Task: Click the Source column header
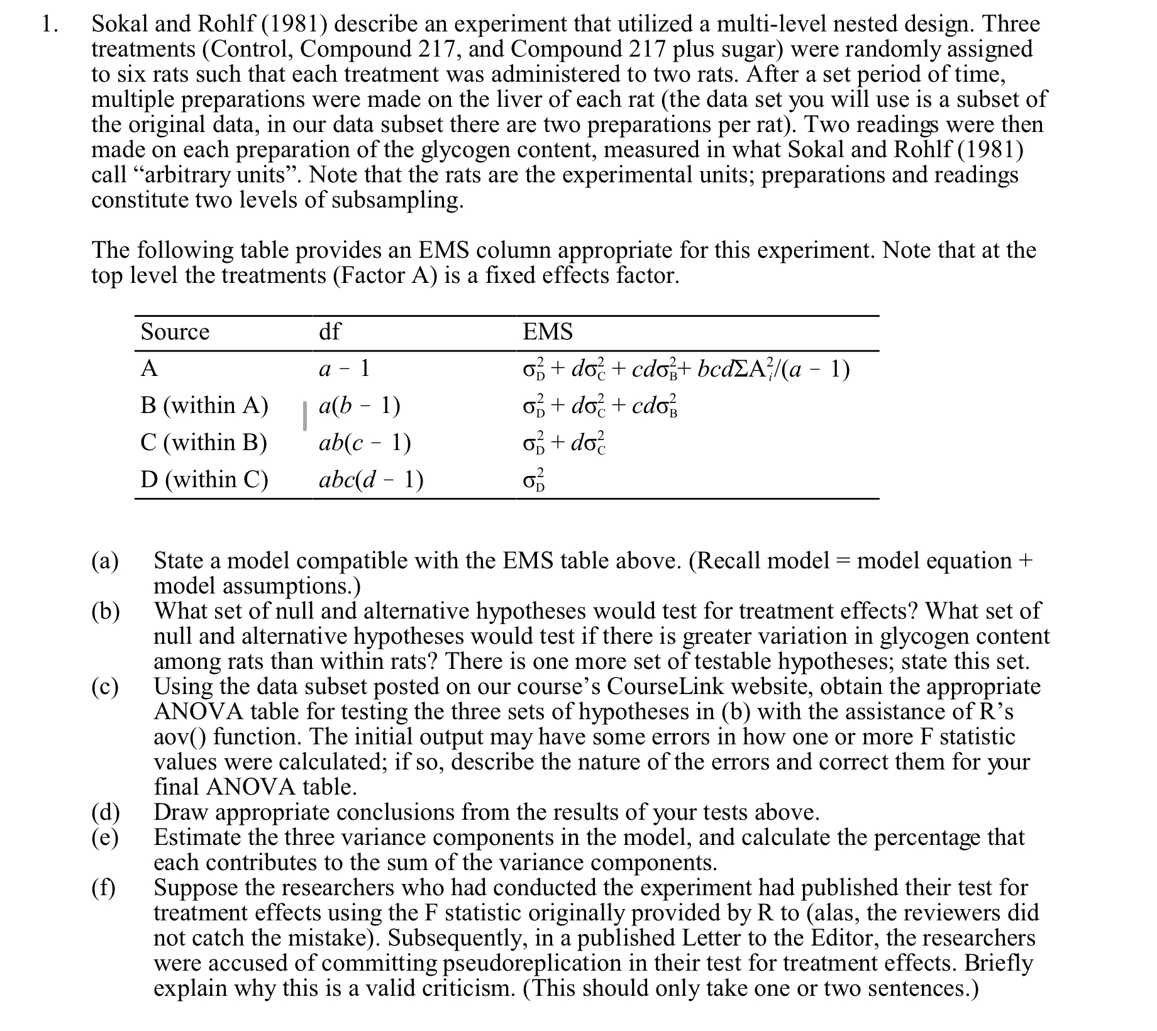[x=175, y=331]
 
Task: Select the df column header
[x=329, y=331]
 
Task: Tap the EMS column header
[x=548, y=331]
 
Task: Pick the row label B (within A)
[x=204, y=405]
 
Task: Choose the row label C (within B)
[x=204, y=443]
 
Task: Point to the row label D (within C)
[x=204, y=480]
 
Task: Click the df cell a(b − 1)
[x=360, y=405]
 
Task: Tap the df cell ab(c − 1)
[x=365, y=443]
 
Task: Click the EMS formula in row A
[x=683, y=369]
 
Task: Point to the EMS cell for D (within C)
[x=535, y=481]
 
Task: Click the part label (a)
[x=105, y=560]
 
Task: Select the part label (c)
[x=105, y=686]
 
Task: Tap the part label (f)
[x=104, y=887]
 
